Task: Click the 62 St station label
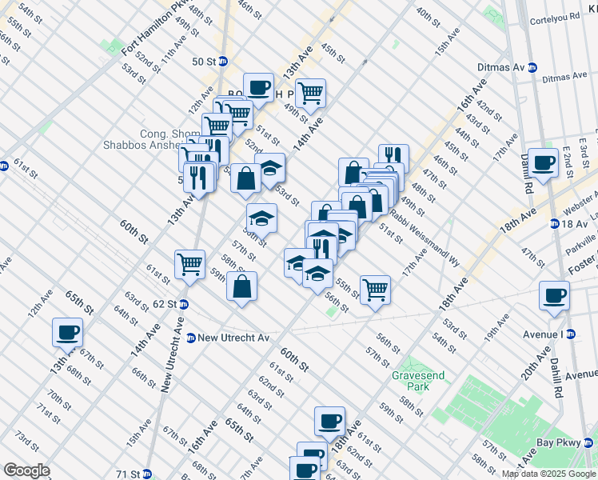[x=164, y=304]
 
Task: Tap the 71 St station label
[x=129, y=474]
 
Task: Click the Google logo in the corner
[x=26, y=470]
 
